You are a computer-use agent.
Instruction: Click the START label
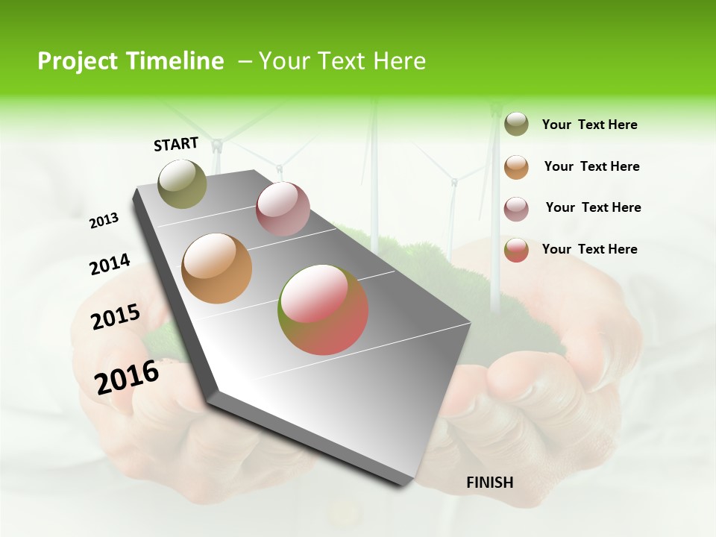click(176, 144)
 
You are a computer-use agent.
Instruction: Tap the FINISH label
click(490, 483)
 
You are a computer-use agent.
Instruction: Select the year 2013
click(104, 220)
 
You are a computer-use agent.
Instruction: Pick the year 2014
click(110, 264)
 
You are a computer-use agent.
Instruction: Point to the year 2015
click(115, 317)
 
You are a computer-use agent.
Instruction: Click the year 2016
click(127, 377)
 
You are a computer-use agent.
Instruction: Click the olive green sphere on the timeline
click(182, 183)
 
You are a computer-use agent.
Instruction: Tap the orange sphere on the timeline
click(216, 268)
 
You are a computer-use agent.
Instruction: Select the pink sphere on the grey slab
click(283, 209)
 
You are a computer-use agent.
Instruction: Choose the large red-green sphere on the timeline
click(323, 310)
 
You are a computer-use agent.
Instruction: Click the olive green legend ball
click(516, 125)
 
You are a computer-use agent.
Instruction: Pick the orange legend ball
click(516, 167)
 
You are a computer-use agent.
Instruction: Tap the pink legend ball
click(516, 209)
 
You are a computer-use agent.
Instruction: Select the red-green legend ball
click(516, 250)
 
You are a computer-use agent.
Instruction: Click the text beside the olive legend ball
click(589, 125)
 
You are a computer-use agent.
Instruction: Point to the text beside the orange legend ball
click(591, 166)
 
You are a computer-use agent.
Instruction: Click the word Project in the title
click(78, 61)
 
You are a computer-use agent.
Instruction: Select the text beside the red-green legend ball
click(589, 249)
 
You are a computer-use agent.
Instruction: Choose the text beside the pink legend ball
click(593, 207)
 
